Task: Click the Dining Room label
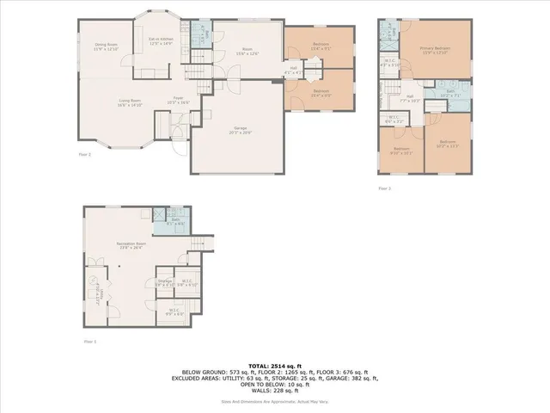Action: (105, 46)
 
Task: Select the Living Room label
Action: (130, 102)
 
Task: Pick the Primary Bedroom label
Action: (435, 50)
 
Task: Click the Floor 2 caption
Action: (84, 155)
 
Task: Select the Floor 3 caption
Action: (384, 188)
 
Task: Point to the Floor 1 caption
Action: (89, 342)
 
